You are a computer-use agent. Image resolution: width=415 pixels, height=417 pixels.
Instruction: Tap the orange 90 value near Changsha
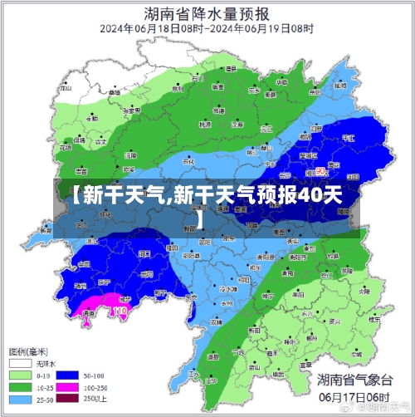coord(320,171)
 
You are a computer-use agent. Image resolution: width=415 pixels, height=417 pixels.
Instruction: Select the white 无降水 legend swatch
coord(20,363)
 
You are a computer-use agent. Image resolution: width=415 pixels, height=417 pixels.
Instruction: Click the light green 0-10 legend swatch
coord(20,375)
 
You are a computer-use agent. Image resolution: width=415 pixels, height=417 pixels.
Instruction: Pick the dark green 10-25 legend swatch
coord(20,387)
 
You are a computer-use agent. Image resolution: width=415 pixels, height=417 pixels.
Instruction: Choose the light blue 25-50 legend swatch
coord(20,400)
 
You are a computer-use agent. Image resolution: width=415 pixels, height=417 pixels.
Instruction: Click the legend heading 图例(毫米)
coord(28,351)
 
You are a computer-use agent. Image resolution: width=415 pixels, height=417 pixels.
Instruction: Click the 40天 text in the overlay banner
coord(320,196)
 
